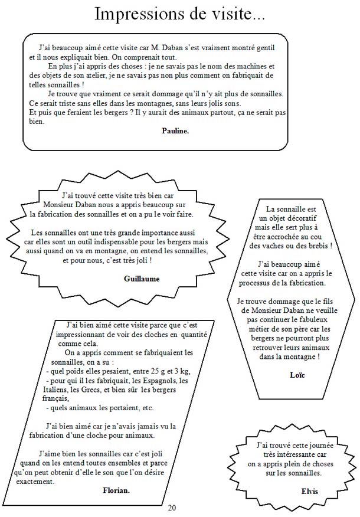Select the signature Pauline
point(175,131)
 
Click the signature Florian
point(116,490)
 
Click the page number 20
point(172,508)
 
